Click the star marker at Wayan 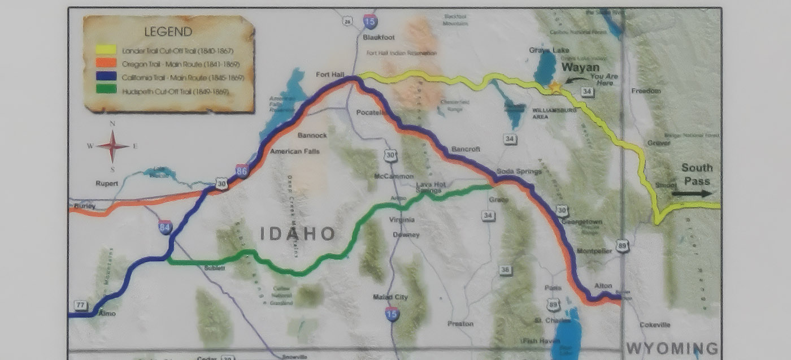(555, 87)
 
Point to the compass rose (113, 146)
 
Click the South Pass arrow (692, 193)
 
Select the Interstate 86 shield (242, 170)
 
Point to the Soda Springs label (519, 171)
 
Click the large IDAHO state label (298, 234)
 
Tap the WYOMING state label (672, 348)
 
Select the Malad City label (390, 297)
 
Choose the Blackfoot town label (379, 37)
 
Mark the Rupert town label (107, 183)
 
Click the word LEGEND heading (168, 32)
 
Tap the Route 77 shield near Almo (81, 306)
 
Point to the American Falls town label (294, 151)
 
